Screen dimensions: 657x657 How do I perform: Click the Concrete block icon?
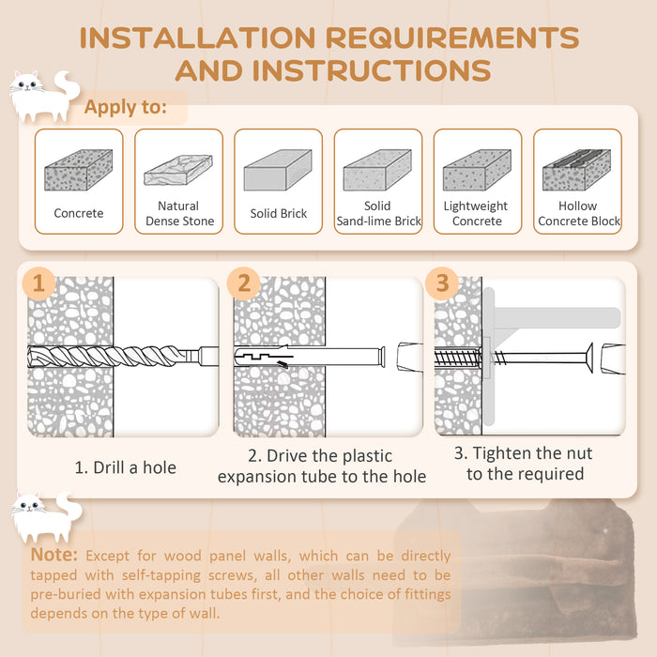(79, 171)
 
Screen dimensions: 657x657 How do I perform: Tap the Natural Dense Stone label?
(179, 214)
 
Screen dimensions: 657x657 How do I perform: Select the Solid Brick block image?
(278, 171)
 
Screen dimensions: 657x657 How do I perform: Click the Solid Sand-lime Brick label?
(378, 214)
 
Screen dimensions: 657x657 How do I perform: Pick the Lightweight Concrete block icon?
(477, 171)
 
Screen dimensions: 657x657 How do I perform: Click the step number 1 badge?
(39, 283)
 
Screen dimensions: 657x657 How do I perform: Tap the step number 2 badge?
(244, 283)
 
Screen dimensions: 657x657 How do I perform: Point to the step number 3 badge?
(442, 283)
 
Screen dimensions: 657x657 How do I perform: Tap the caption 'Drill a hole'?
(126, 466)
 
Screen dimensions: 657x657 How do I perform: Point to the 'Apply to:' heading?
(125, 107)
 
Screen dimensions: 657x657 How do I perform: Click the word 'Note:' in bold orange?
(53, 556)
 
